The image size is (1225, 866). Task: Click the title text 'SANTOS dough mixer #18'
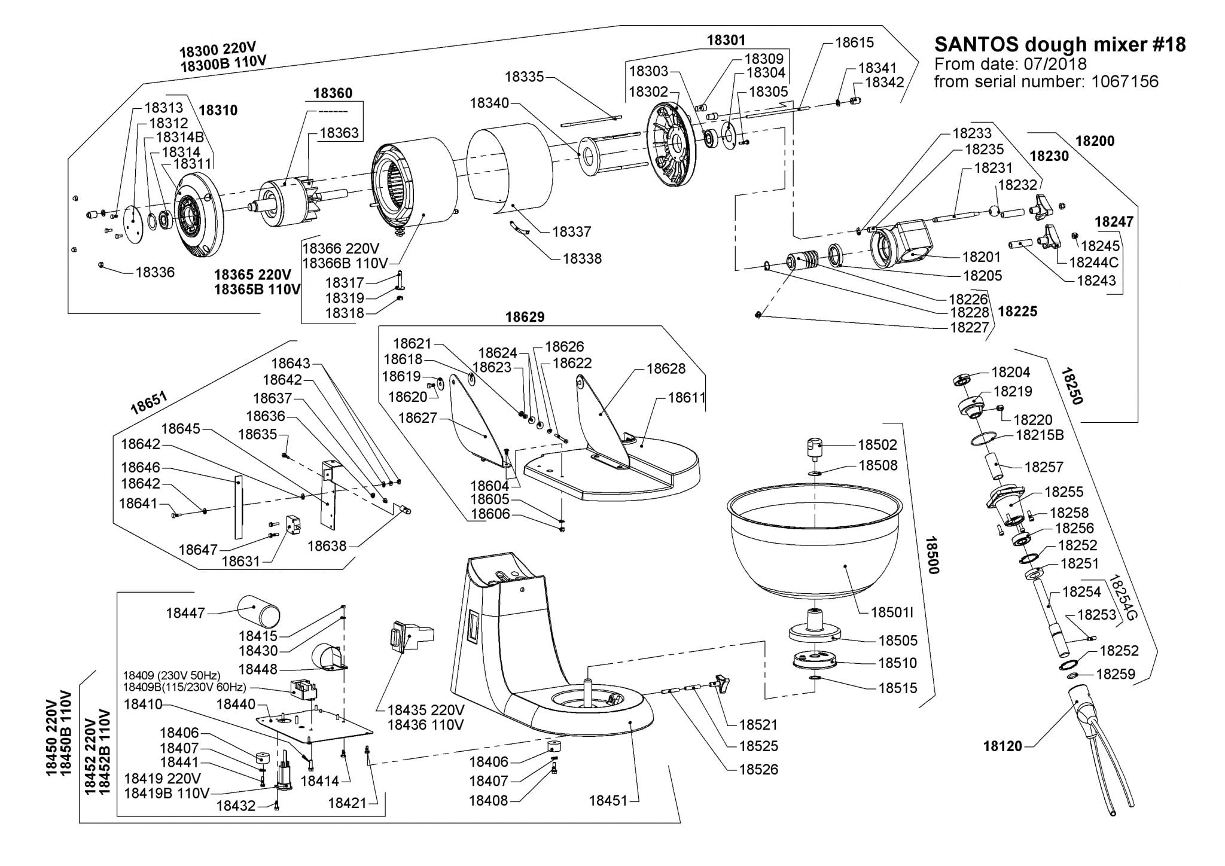coord(1059,44)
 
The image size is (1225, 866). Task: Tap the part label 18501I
coord(892,612)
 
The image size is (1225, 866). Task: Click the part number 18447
coord(185,612)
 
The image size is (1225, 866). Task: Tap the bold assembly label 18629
coord(525,317)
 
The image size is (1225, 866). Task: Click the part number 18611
coord(687,397)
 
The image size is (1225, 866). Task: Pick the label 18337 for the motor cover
coord(571,231)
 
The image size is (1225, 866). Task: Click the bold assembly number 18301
coord(726,40)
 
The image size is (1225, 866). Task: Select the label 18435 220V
coord(425,710)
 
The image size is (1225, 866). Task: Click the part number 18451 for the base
coord(608,800)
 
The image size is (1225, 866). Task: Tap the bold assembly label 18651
coord(150,402)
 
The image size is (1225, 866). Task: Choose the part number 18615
coord(854,42)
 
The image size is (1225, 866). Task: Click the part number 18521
coord(758,724)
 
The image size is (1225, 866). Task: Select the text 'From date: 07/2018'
coord(1010,63)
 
